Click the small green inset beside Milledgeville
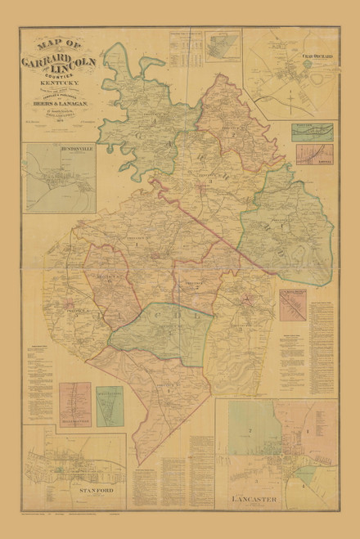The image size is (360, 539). [x=110, y=406]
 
